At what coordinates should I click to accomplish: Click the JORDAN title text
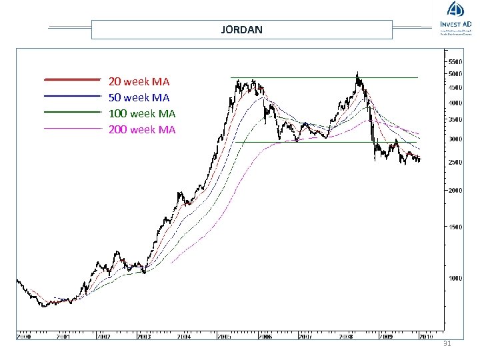tap(241, 30)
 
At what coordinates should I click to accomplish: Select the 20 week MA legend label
tap(139, 82)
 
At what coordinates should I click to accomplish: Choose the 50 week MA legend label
tap(139, 98)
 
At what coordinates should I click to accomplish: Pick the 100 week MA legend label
tap(142, 114)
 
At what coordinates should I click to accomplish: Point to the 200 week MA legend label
tap(142, 130)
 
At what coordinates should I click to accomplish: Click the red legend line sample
tap(71, 80)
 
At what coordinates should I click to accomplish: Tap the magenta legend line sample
tap(71, 127)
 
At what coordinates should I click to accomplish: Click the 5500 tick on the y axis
tap(455, 62)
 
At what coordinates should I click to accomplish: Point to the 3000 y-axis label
tap(455, 139)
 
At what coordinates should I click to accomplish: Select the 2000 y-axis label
tap(455, 191)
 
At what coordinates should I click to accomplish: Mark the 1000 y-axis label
tap(455, 279)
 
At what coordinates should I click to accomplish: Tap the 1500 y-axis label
tap(455, 227)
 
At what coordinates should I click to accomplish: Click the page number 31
tap(447, 344)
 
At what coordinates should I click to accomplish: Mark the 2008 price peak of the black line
tap(358, 73)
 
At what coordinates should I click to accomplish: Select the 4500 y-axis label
tap(455, 87)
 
